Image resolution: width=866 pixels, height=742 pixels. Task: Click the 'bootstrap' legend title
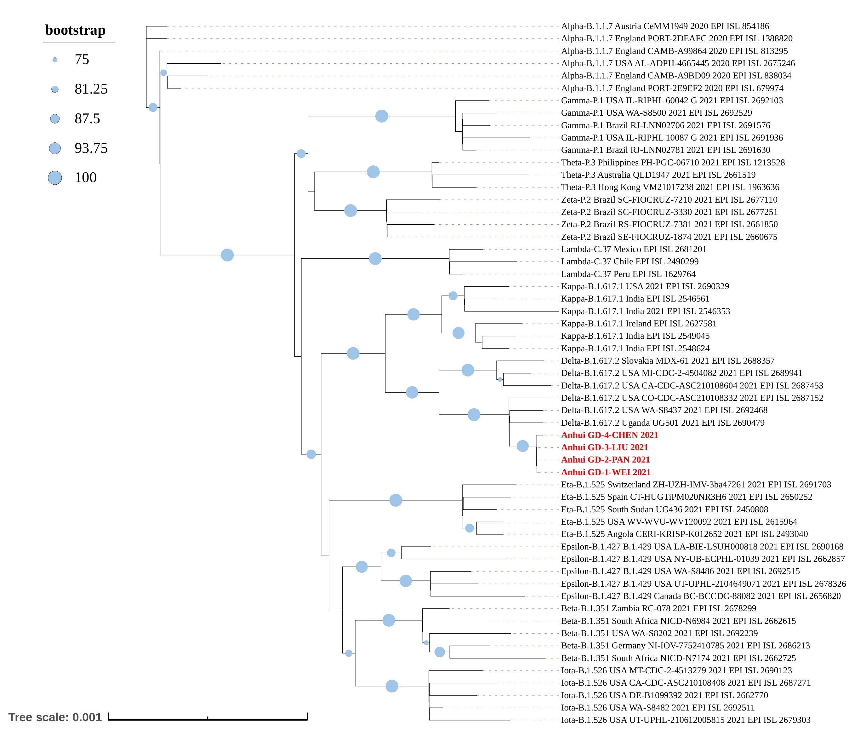(75, 30)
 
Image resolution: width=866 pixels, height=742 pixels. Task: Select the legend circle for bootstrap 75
(55, 60)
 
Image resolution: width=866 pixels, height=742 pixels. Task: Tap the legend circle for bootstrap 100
(55, 178)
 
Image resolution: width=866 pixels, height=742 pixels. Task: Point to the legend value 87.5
(87, 118)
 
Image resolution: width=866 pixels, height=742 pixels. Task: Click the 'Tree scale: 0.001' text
(55, 717)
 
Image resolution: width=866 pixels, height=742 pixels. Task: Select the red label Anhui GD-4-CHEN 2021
(609, 435)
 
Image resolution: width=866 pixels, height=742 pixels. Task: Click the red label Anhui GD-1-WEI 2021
(606, 472)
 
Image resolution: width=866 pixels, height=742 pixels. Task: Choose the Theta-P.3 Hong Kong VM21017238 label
(670, 187)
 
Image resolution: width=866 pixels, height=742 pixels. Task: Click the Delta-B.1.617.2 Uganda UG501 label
(663, 423)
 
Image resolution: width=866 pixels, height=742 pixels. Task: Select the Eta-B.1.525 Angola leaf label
(684, 534)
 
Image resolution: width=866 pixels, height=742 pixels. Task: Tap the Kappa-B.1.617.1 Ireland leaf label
(639, 323)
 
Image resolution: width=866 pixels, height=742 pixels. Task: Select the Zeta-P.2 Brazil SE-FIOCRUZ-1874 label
(669, 237)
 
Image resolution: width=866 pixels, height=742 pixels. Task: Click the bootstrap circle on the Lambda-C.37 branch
(375, 258)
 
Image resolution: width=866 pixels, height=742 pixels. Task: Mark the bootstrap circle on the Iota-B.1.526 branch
(392, 686)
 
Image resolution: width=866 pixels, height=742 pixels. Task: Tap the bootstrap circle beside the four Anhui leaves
(522, 446)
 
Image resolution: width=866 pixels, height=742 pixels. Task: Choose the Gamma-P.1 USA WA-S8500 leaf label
(656, 113)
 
